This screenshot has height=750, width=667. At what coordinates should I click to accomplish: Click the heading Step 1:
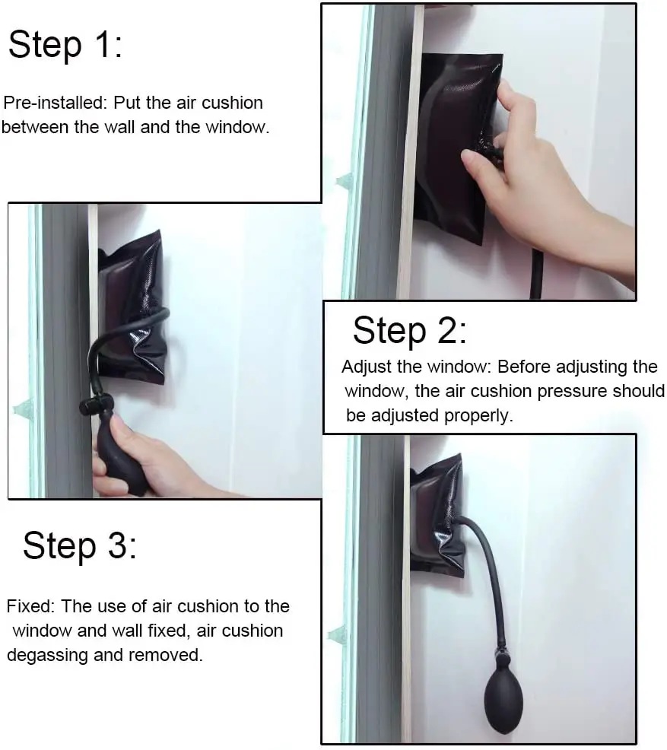[65, 44]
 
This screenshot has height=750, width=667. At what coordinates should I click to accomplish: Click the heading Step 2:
[410, 330]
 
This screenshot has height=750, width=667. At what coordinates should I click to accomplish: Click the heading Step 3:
[79, 545]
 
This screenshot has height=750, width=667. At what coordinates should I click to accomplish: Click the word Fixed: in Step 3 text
[31, 606]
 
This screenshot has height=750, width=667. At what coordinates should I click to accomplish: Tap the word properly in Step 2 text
[478, 415]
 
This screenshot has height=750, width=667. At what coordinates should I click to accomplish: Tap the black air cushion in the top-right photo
[452, 148]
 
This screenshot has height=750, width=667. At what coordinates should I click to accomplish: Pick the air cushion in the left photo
[132, 306]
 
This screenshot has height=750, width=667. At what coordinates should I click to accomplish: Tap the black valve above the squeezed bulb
[96, 404]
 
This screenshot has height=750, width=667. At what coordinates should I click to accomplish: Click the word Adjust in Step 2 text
[367, 367]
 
